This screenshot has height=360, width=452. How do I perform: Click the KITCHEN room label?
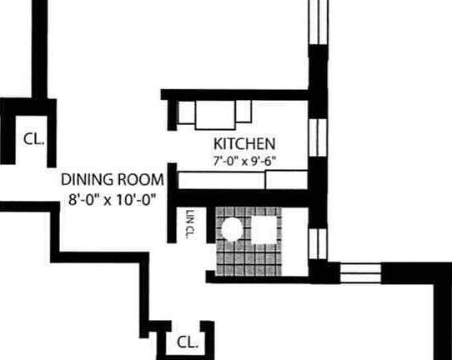[x=244, y=143]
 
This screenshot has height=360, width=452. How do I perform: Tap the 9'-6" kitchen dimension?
[x=264, y=161]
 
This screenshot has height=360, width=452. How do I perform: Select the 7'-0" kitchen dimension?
[x=226, y=161]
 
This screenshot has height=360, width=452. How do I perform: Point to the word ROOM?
[x=141, y=180]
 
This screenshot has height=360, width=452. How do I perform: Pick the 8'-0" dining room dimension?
[x=83, y=199]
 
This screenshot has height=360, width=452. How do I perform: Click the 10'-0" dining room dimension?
[x=133, y=199]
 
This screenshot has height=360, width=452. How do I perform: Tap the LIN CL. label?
[x=191, y=224]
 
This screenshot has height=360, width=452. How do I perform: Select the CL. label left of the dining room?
[x=33, y=139]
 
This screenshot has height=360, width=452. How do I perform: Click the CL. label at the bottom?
[x=188, y=342]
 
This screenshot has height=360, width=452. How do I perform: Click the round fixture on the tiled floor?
[x=233, y=229]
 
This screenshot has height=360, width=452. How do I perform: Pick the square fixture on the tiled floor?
[x=265, y=230]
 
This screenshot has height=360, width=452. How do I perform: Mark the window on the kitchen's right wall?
[x=318, y=137]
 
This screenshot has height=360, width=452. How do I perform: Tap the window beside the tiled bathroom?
[x=318, y=243]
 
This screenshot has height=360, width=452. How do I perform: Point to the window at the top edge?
[x=319, y=22]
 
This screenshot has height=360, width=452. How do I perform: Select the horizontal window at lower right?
[x=361, y=273]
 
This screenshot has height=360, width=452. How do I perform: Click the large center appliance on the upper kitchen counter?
[x=215, y=115]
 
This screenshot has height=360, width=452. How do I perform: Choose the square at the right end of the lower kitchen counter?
[x=286, y=180]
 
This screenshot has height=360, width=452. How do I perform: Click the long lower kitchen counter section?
[x=221, y=180]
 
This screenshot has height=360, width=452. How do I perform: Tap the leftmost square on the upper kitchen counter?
[x=187, y=112]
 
